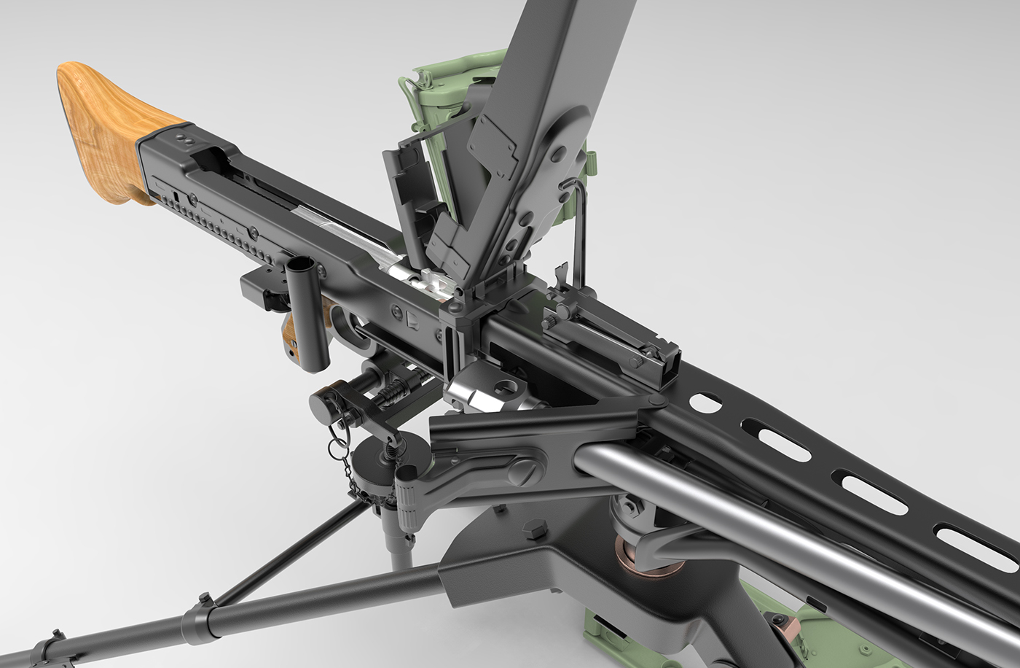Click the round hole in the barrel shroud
click(704, 402)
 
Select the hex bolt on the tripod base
click(533, 528)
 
